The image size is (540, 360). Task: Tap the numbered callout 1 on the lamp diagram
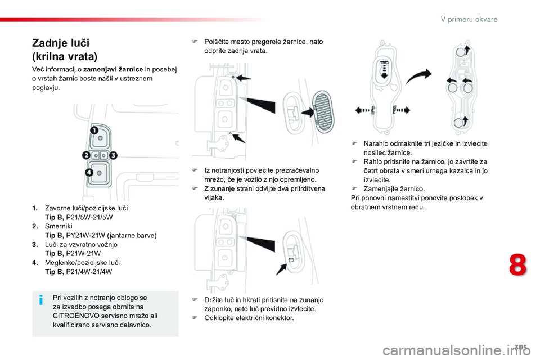point(94,130)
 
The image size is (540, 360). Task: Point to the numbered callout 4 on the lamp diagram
point(89,172)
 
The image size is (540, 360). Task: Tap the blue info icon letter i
point(42,300)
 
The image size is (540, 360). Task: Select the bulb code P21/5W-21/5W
point(89,217)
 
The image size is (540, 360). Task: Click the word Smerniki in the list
point(58,226)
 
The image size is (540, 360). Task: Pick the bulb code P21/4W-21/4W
point(89,271)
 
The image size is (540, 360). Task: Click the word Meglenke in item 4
point(60,262)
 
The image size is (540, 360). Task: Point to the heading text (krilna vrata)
point(65,56)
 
